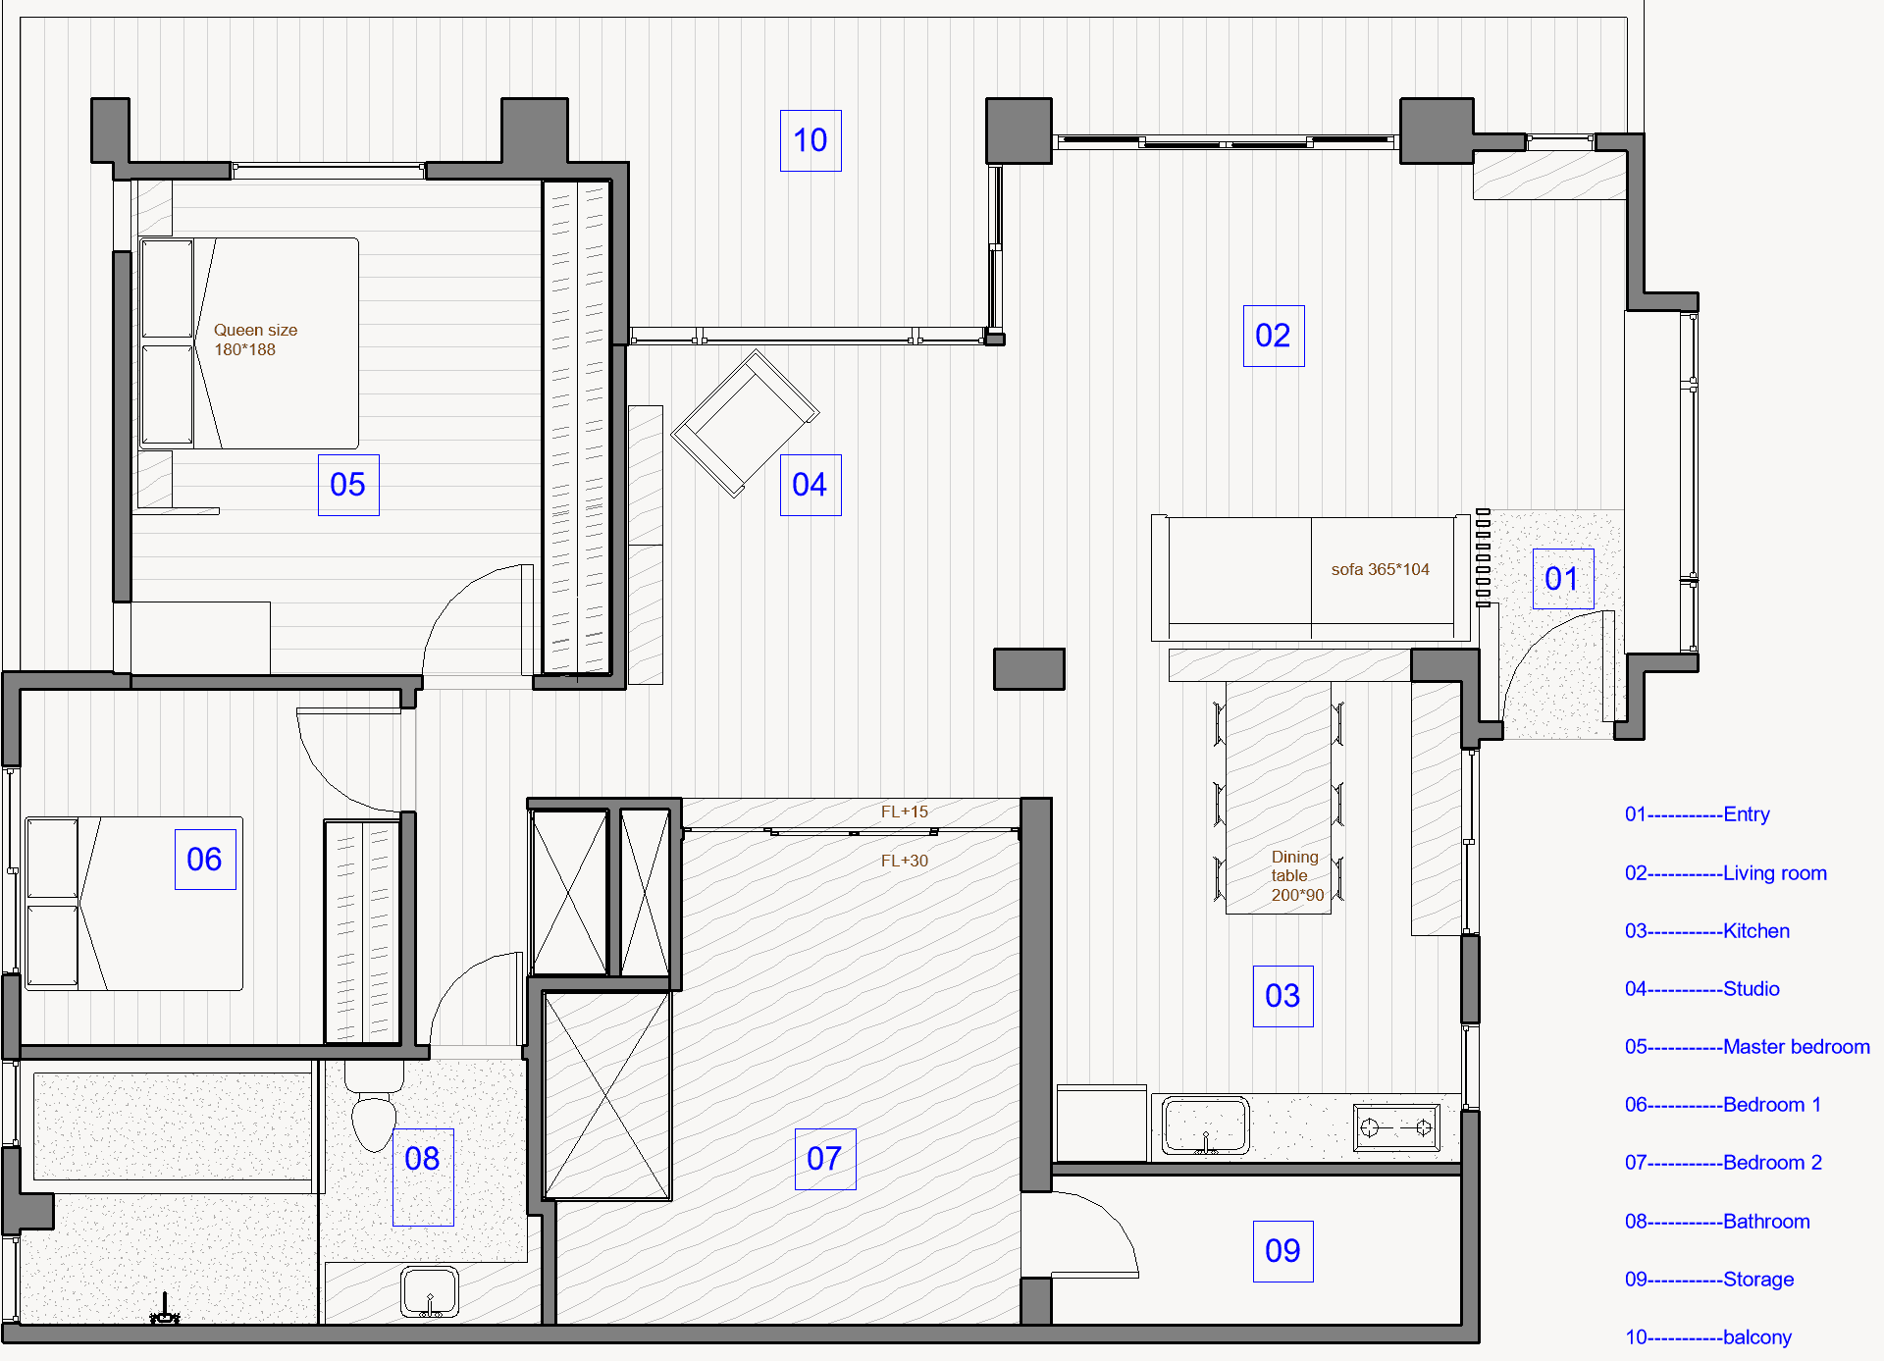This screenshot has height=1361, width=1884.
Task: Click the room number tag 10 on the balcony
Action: [811, 140]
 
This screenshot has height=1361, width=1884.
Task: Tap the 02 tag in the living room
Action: [1274, 336]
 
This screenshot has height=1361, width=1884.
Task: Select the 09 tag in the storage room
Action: [1283, 1251]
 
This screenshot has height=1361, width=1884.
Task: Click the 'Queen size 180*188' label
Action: [255, 340]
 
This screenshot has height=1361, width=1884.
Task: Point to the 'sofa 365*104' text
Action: [1380, 569]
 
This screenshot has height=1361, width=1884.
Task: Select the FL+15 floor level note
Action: [904, 811]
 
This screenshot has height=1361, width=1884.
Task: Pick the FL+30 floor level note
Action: [904, 861]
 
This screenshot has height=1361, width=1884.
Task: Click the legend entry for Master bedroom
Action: [1748, 1047]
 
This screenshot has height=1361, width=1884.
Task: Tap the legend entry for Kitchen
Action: [1707, 931]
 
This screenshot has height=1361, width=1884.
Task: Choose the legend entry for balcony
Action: [1708, 1337]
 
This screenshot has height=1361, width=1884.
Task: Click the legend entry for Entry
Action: [1698, 814]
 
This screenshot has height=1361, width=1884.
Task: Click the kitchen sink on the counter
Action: [1206, 1125]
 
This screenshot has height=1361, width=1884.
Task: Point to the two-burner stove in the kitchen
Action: [1397, 1127]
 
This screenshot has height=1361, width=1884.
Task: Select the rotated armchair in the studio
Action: [745, 424]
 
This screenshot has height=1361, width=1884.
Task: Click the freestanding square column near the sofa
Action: [1029, 669]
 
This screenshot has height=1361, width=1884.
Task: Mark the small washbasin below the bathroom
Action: [430, 1292]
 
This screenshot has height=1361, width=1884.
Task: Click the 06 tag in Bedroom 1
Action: [205, 860]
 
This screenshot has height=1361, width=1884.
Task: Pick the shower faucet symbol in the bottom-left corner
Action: [165, 1310]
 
